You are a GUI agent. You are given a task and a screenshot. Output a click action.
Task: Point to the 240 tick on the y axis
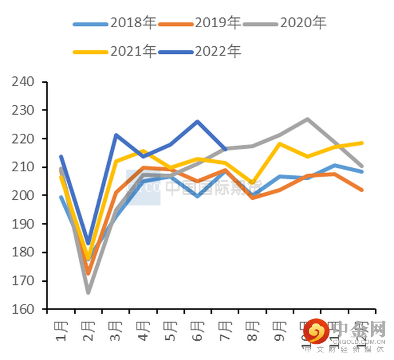coord(24,82)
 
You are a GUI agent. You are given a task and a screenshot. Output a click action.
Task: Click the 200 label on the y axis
coord(24,196)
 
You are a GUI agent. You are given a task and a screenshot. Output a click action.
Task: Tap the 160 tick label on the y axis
coord(24,310)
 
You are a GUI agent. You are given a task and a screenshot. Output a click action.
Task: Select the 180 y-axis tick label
coord(24,252)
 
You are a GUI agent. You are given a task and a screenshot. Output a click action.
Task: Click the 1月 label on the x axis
coord(61,328)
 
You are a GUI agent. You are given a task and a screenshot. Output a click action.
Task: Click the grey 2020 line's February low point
coord(88,292)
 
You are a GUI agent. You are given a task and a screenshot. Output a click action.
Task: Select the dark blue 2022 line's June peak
coord(198,122)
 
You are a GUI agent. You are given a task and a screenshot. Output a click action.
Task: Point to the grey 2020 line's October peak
coord(307,119)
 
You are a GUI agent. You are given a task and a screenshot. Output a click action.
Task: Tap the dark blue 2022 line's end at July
coord(225,149)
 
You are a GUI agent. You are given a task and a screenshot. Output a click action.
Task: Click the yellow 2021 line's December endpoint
coord(362,143)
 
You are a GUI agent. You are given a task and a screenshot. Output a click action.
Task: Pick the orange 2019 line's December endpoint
coord(362,190)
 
